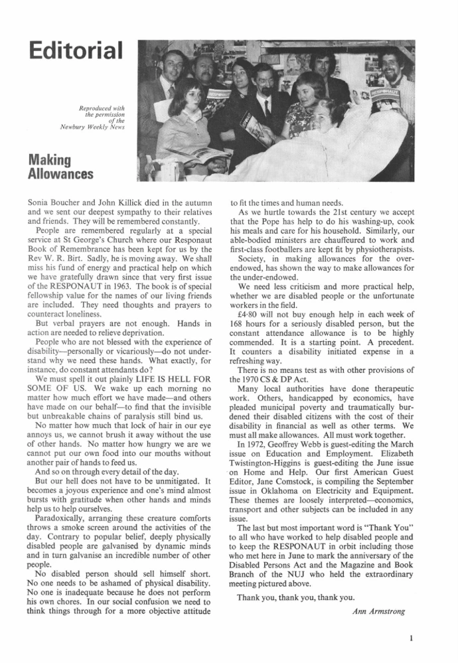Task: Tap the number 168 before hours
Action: click(x=238, y=327)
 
